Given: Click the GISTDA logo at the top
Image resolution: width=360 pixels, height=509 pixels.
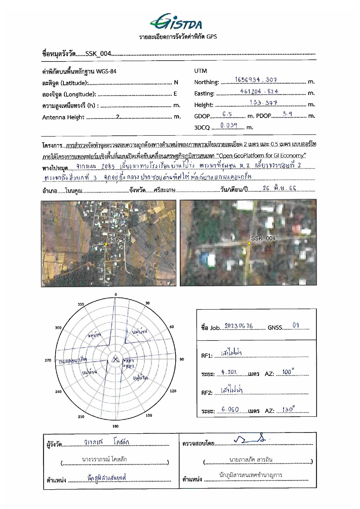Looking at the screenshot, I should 176,22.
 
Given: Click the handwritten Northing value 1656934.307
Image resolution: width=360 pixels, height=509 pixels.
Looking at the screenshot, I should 256,79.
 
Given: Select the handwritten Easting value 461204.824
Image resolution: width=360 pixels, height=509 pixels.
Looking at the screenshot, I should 259,91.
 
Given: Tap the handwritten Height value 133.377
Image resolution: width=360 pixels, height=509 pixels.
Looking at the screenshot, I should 263,102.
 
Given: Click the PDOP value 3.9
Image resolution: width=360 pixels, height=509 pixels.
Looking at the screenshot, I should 287,114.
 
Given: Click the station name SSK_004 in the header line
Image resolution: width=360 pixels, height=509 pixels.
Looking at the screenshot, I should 98,54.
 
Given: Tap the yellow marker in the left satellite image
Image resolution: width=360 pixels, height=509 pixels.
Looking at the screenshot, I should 106,244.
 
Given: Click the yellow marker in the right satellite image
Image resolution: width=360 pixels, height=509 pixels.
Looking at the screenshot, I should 249,243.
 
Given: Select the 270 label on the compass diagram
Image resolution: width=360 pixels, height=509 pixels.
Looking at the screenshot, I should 48,360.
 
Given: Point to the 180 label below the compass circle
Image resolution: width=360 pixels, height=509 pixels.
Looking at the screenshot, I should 115,426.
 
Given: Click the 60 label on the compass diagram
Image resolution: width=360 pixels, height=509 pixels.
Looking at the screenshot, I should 172,327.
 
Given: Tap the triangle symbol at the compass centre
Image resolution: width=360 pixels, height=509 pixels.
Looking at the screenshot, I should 115,360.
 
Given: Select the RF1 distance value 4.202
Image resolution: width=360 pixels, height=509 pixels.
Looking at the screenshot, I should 229,372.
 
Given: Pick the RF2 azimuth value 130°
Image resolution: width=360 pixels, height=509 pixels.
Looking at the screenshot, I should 288,409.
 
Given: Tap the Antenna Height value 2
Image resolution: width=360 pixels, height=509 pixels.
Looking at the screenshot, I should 117,117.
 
